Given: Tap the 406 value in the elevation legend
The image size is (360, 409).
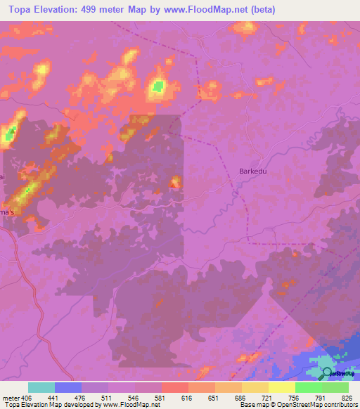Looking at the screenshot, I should click(27, 397).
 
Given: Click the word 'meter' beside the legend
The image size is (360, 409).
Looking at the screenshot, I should click(11, 397).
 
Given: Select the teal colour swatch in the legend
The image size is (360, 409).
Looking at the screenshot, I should click(41, 387).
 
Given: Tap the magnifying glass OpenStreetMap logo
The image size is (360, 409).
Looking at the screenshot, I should click(327, 373).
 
